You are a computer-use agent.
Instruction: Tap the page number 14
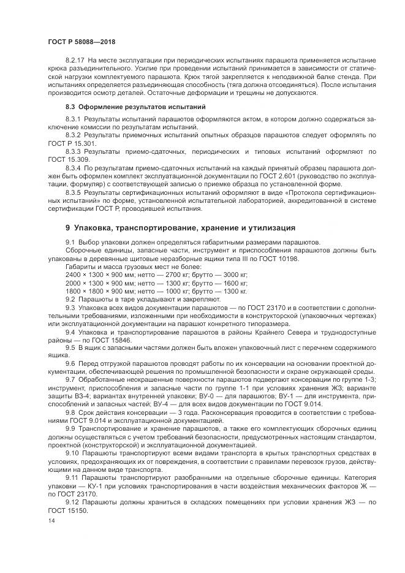[x=51, y=520]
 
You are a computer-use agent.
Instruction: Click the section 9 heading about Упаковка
[x=181, y=227]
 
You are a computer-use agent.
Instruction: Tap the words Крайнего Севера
[x=276, y=332]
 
